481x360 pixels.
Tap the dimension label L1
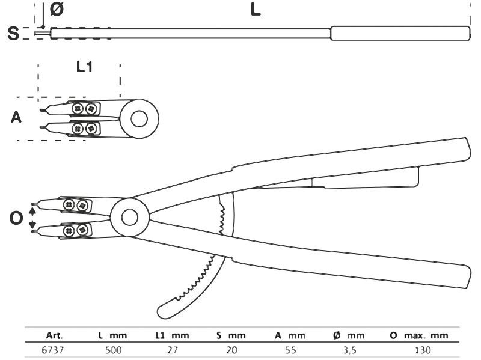pyautogui.click(x=84, y=67)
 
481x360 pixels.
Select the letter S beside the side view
pyautogui.click(x=13, y=34)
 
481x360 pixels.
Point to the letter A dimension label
pyautogui.click(x=16, y=117)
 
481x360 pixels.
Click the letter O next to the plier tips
pyautogui.click(x=16, y=218)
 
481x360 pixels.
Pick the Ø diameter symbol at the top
pyautogui.click(x=57, y=9)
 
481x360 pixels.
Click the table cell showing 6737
pyautogui.click(x=53, y=350)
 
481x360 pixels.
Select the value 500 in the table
pyautogui.click(x=114, y=350)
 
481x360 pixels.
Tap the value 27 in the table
pyautogui.click(x=173, y=350)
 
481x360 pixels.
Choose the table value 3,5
pyautogui.click(x=349, y=350)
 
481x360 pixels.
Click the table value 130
pyautogui.click(x=423, y=350)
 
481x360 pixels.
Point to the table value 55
pyautogui.click(x=290, y=350)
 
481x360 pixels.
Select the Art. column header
pyautogui.click(x=54, y=335)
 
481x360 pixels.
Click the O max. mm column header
pyautogui.click(x=419, y=335)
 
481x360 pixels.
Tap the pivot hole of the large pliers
pyautogui.click(x=130, y=217)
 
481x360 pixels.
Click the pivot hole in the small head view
pyautogui.click(x=139, y=118)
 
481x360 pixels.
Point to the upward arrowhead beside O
pyautogui.click(x=32, y=210)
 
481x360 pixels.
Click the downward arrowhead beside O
pyautogui.click(x=32, y=225)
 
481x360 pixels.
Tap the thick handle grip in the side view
pyautogui.click(x=400, y=34)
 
